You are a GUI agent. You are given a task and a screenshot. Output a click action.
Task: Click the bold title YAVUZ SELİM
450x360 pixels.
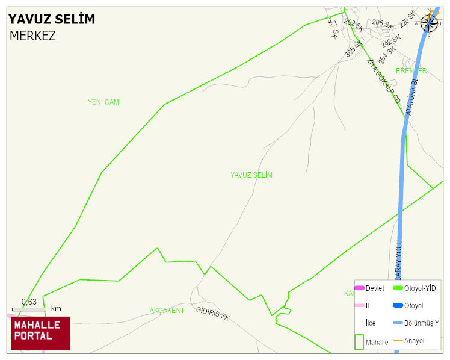pos(52,19)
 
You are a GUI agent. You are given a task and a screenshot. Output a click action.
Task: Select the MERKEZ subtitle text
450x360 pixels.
pos(32,36)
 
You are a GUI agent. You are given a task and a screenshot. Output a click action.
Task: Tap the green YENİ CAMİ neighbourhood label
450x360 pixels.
pos(104,102)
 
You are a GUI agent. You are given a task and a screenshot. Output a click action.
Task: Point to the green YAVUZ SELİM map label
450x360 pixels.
pos(251,175)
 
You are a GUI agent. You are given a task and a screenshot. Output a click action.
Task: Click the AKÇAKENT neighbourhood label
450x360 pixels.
pos(167,311)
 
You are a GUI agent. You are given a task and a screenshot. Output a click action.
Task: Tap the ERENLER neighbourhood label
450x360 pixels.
pos(411,71)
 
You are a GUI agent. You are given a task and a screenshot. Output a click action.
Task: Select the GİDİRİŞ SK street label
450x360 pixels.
pos(213,314)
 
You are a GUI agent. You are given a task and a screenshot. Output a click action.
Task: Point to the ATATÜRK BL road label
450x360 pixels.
pos(411,96)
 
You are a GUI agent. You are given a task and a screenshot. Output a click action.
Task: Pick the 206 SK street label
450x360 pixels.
pos(382,24)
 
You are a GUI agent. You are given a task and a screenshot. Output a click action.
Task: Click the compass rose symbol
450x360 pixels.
pos(429,22)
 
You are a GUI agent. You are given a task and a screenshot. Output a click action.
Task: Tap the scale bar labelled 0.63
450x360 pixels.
pos(29,309)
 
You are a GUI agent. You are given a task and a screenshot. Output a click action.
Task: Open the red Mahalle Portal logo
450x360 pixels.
pos(41,333)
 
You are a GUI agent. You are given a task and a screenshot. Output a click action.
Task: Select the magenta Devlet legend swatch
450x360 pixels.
pos(359,288)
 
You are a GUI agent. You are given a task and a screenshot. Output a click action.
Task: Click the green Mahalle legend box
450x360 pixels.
pos(359,341)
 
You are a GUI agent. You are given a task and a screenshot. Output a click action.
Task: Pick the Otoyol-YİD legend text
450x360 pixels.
pos(420,288)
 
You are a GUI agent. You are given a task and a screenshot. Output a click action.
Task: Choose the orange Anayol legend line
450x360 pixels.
pos(398,341)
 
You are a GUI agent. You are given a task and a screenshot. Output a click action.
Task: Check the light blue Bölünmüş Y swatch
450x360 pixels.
pos(398,323)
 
